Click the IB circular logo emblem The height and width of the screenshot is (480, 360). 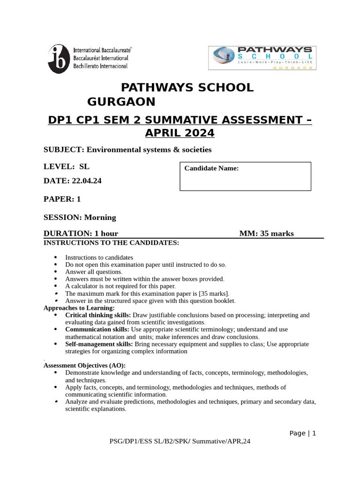point(60,59)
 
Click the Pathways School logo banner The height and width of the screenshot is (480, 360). point(262,58)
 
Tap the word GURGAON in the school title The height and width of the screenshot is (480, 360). point(121,102)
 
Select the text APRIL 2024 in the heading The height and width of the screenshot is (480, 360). point(180,133)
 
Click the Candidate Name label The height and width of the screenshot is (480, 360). point(211,168)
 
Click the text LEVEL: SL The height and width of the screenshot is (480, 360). point(67,166)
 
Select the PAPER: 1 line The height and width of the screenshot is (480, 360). point(62,199)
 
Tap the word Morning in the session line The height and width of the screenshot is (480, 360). point(100,217)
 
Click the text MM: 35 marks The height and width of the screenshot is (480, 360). point(266,233)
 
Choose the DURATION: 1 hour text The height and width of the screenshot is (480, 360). point(81,233)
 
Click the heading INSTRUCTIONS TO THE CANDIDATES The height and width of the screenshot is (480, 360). point(111,243)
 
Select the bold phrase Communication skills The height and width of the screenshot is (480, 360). point(97,330)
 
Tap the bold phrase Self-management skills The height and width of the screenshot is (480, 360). point(99,344)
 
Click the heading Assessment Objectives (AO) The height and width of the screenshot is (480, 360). point(84,366)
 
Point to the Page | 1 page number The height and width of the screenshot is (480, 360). point(303,433)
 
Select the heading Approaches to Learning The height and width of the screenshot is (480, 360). point(79,308)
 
